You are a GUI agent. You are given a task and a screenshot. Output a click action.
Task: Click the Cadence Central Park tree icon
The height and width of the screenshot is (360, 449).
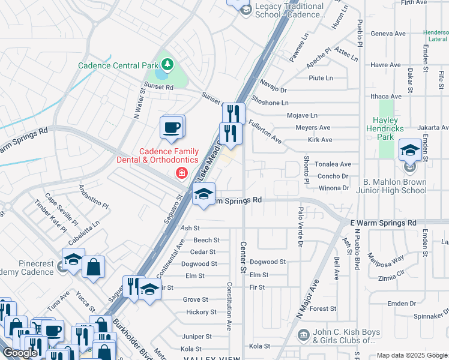pyautogui.click(x=167, y=64)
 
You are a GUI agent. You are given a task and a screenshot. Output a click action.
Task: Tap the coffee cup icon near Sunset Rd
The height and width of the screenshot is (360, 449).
pyautogui.click(x=172, y=127)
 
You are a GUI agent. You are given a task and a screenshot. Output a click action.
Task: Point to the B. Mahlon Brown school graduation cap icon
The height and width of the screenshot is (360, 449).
pyautogui.click(x=410, y=150)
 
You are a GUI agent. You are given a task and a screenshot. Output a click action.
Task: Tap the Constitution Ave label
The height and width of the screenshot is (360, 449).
pyautogui.click(x=229, y=306)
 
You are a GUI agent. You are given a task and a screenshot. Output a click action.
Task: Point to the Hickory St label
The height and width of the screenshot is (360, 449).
pyautogui.click(x=201, y=312)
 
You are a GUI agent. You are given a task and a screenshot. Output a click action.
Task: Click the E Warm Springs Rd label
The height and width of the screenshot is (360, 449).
pyautogui.click(x=383, y=223)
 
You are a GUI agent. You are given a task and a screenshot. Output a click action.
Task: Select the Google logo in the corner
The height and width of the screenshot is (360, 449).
pyautogui.click(x=20, y=353)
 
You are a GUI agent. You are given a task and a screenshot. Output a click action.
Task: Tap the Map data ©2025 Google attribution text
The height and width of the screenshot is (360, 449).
pyautogui.click(x=412, y=355)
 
